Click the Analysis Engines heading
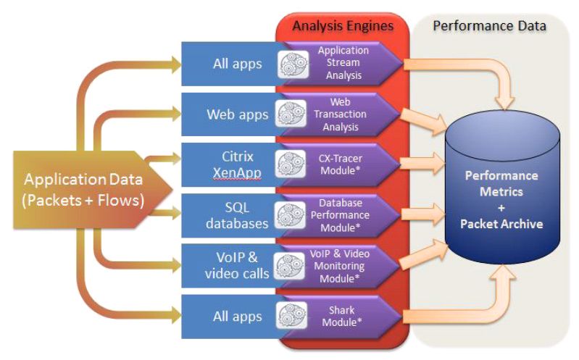pyautogui.click(x=343, y=26)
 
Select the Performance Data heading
pyautogui.click(x=489, y=26)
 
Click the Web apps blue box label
pyautogui.click(x=237, y=114)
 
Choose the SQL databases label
pyautogui.click(x=237, y=216)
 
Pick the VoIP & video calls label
pyautogui.click(x=236, y=266)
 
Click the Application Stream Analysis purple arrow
pyautogui.click(x=343, y=64)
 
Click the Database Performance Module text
pyautogui.click(x=343, y=216)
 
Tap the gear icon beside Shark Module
pyautogui.click(x=291, y=317)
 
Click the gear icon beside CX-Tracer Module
pyautogui.click(x=291, y=165)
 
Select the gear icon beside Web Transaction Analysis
pyautogui.click(x=291, y=114)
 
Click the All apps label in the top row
pyautogui.click(x=237, y=64)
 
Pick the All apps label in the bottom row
pyautogui.click(x=237, y=317)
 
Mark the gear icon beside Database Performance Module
pyautogui.click(x=291, y=216)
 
